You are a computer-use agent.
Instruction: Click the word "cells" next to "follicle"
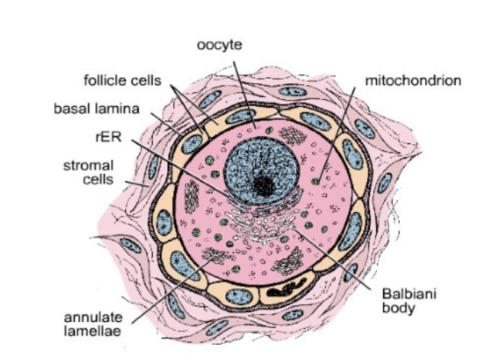pyautogui.click(x=143, y=79)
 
